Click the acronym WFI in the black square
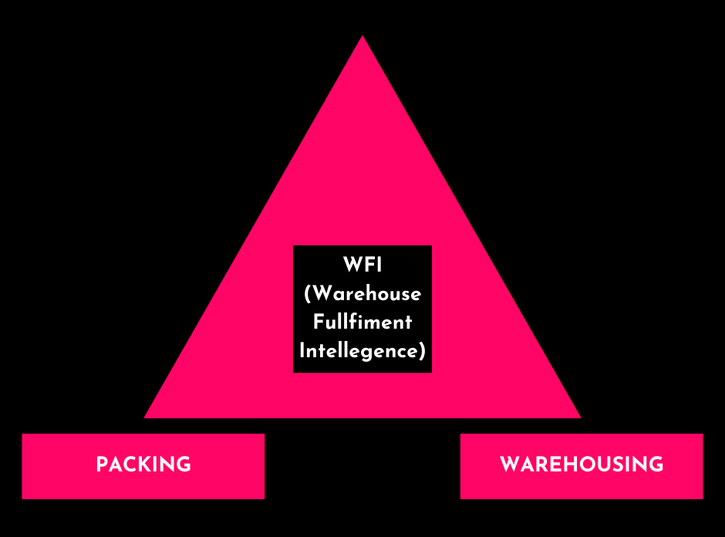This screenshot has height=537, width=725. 362,265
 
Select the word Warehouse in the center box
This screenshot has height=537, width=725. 366,294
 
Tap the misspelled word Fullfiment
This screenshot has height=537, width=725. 362,323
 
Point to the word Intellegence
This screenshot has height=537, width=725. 359,351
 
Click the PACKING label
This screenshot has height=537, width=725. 143,465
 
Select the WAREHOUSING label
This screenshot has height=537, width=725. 582,465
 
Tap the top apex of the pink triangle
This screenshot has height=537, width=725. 362,37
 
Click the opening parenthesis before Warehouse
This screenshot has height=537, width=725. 308,295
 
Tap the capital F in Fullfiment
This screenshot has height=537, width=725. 317,323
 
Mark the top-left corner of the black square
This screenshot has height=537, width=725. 294,246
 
